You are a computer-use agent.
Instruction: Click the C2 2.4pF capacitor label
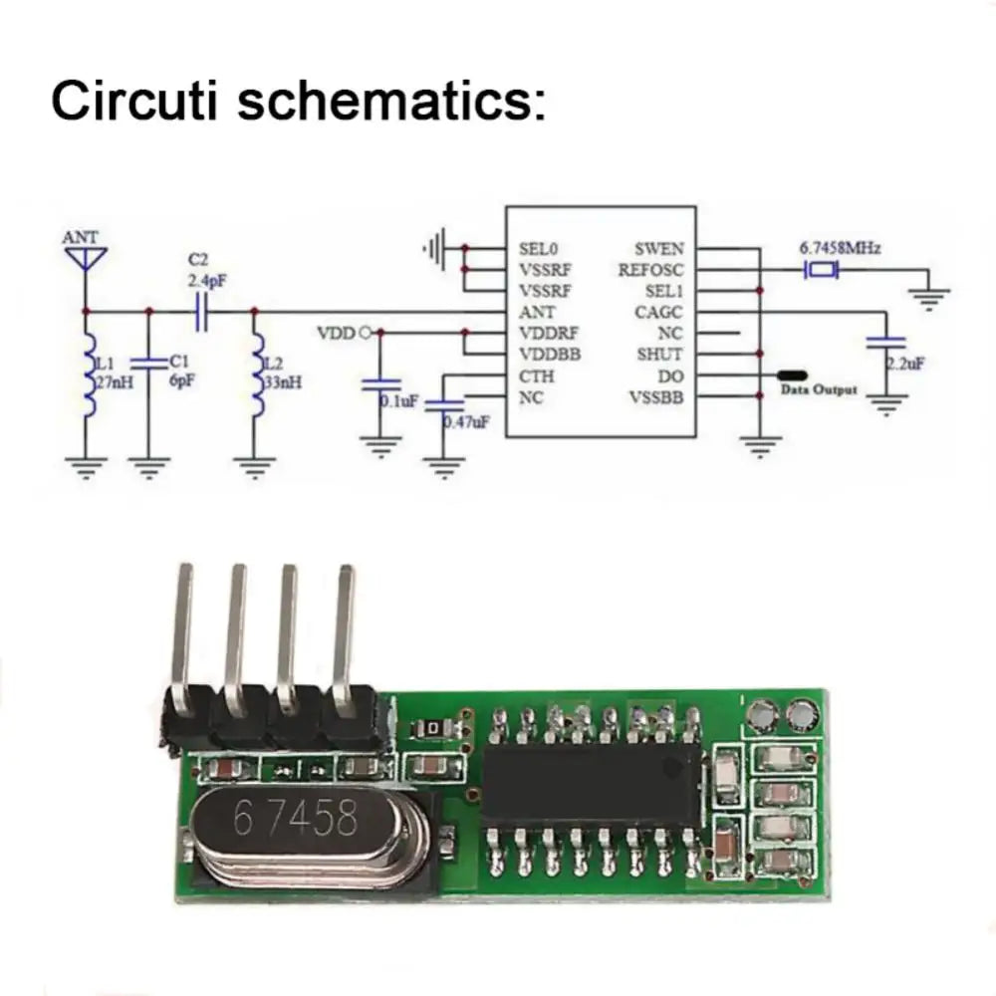pyautogui.click(x=206, y=271)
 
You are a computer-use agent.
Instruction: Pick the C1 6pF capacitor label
pyautogui.click(x=179, y=371)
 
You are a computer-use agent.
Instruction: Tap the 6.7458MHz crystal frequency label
pyautogui.click(x=841, y=247)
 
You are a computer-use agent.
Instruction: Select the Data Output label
pyautogui.click(x=819, y=390)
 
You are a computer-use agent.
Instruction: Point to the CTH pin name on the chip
pyautogui.click(x=536, y=376)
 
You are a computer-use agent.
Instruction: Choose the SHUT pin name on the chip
pyautogui.click(x=659, y=355)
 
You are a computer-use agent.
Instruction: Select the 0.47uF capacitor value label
pyautogui.click(x=466, y=422)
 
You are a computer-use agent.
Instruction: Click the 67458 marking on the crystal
pyautogui.click(x=294, y=819)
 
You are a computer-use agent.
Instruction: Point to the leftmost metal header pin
pyautogui.click(x=182, y=637)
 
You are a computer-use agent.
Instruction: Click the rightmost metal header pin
pyautogui.click(x=345, y=637)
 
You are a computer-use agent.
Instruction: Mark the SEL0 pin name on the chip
pyautogui.click(x=538, y=249)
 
